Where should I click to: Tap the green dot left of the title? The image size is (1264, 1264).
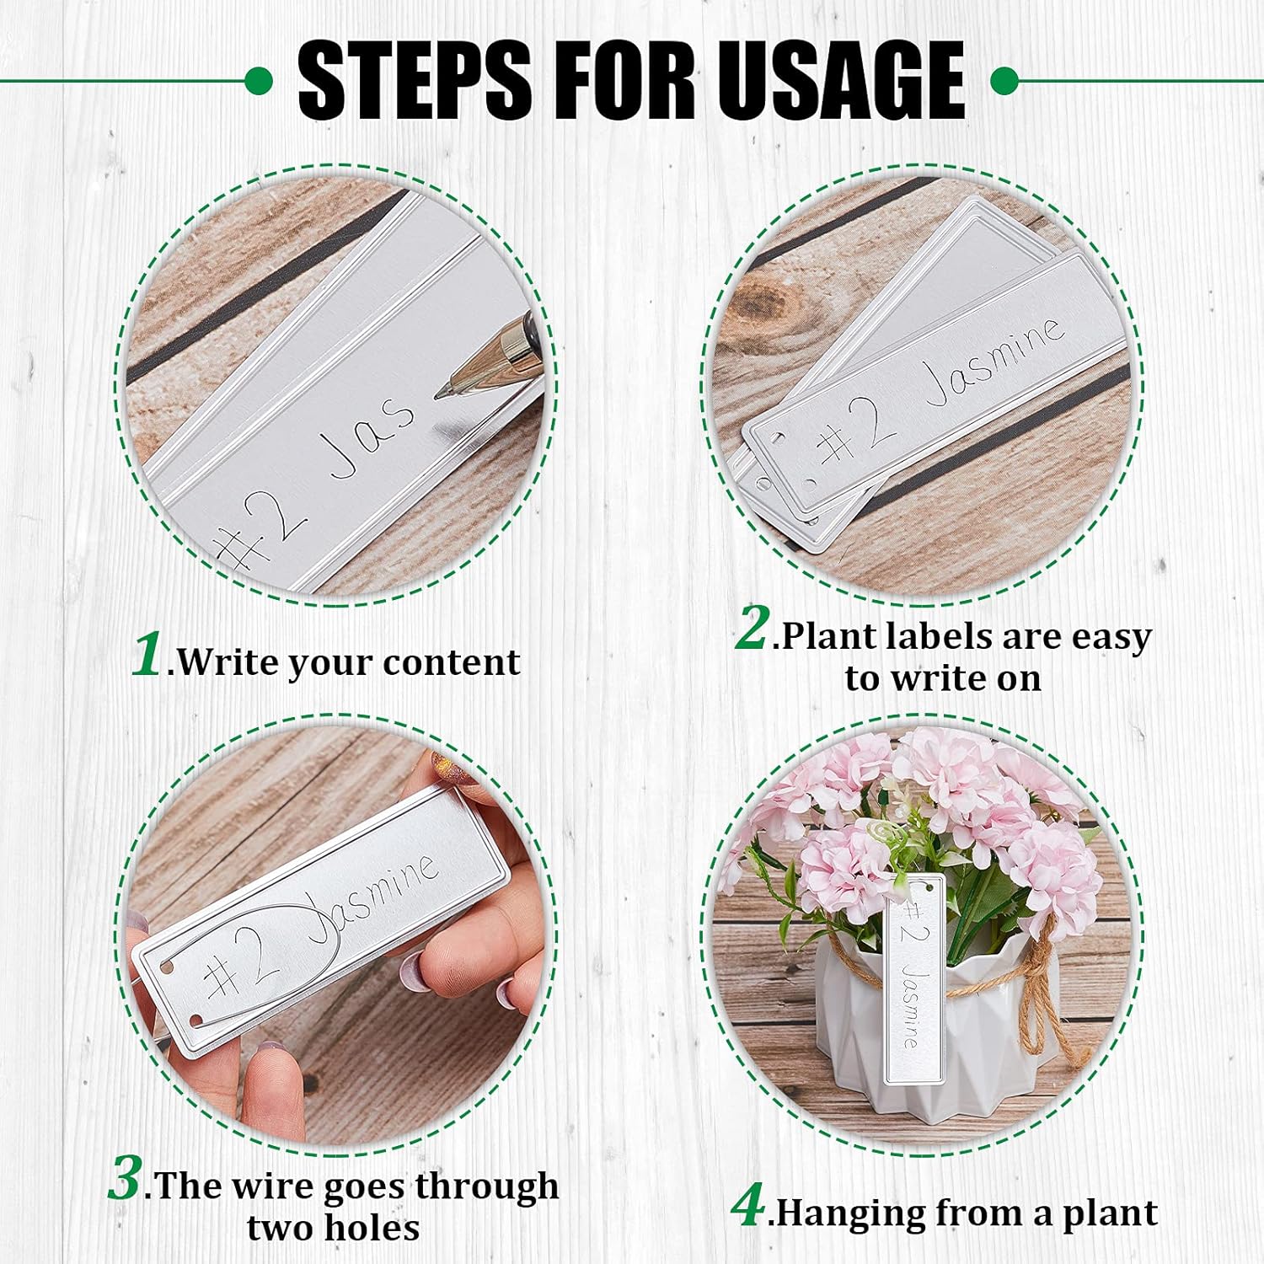259,81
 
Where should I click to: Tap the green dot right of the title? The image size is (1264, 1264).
1004,82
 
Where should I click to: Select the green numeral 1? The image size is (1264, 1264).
148,654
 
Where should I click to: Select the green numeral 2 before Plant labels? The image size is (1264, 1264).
752,629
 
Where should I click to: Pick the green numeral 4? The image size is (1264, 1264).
747,1206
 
